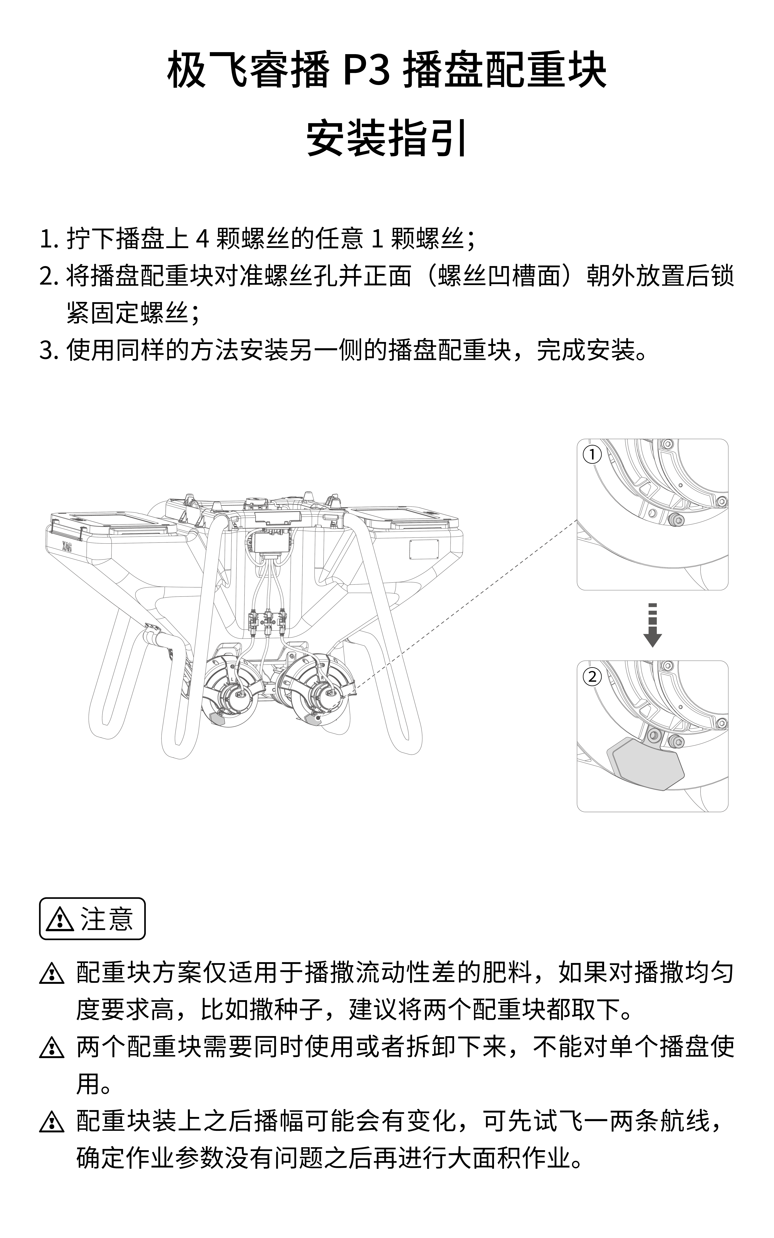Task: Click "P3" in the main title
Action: pyautogui.click(x=366, y=70)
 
